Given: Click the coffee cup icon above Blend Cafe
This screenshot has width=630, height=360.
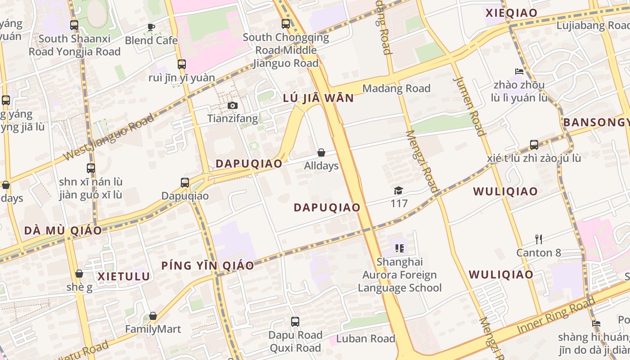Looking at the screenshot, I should click(x=151, y=27).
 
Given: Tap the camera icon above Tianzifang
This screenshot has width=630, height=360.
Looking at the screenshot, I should click(x=232, y=105).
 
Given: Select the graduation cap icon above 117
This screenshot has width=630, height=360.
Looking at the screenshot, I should click(x=398, y=191).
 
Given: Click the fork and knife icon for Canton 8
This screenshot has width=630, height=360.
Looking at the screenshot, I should click(x=538, y=239).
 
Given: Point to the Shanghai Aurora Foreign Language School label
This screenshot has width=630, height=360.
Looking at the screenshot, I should click(x=400, y=274).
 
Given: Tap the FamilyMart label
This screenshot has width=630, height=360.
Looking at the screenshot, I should click(x=153, y=329).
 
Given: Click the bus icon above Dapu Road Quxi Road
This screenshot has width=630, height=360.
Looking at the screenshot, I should click(x=295, y=322).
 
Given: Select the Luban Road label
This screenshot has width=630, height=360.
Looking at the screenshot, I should click(x=365, y=338).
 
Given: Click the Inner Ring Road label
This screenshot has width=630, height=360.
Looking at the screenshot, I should click(x=556, y=317).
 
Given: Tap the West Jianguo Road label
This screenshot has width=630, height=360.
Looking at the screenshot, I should click(x=109, y=137).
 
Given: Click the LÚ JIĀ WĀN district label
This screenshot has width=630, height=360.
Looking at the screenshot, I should click(x=318, y=98).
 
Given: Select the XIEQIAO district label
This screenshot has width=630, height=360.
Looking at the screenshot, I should click(x=512, y=13).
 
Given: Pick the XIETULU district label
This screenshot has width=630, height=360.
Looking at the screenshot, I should click(x=124, y=276).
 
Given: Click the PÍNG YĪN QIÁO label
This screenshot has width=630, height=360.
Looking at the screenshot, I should click(x=208, y=265).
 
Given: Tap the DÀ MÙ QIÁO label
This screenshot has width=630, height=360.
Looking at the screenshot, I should click(x=63, y=230).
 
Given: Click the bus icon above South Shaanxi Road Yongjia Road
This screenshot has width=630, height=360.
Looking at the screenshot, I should click(x=74, y=25).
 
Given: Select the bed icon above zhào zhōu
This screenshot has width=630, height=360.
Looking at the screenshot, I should click(x=519, y=72).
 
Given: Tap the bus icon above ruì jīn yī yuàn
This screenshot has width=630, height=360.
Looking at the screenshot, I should click(x=182, y=64).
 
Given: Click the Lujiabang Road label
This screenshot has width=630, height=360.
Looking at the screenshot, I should click(x=593, y=26).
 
